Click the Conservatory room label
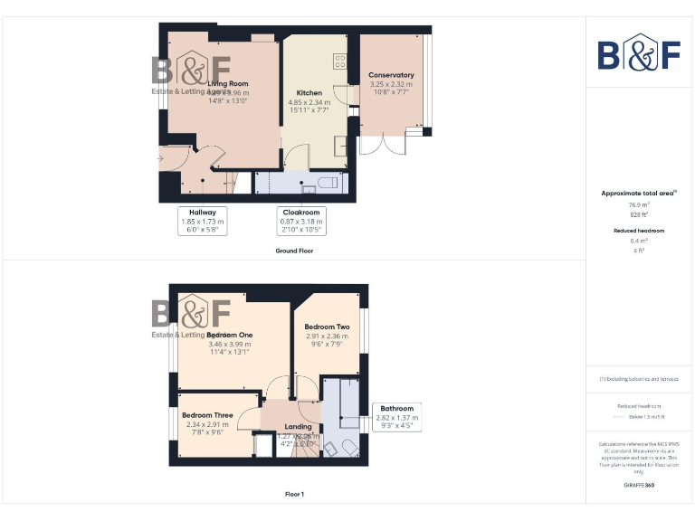(x=391, y=75)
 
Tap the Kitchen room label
(x=309, y=93)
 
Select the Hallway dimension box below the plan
(x=202, y=221)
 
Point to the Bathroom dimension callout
(x=396, y=417)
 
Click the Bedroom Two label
(x=327, y=327)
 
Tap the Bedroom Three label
(x=207, y=415)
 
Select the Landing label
(x=298, y=427)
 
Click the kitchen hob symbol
(x=340, y=62)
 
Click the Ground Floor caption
(x=294, y=251)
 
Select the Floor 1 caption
(x=294, y=495)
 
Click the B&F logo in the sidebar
(x=639, y=53)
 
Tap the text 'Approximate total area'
(x=637, y=194)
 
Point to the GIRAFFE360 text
(x=639, y=486)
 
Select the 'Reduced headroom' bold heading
(x=639, y=231)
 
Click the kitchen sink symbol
(x=340, y=146)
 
